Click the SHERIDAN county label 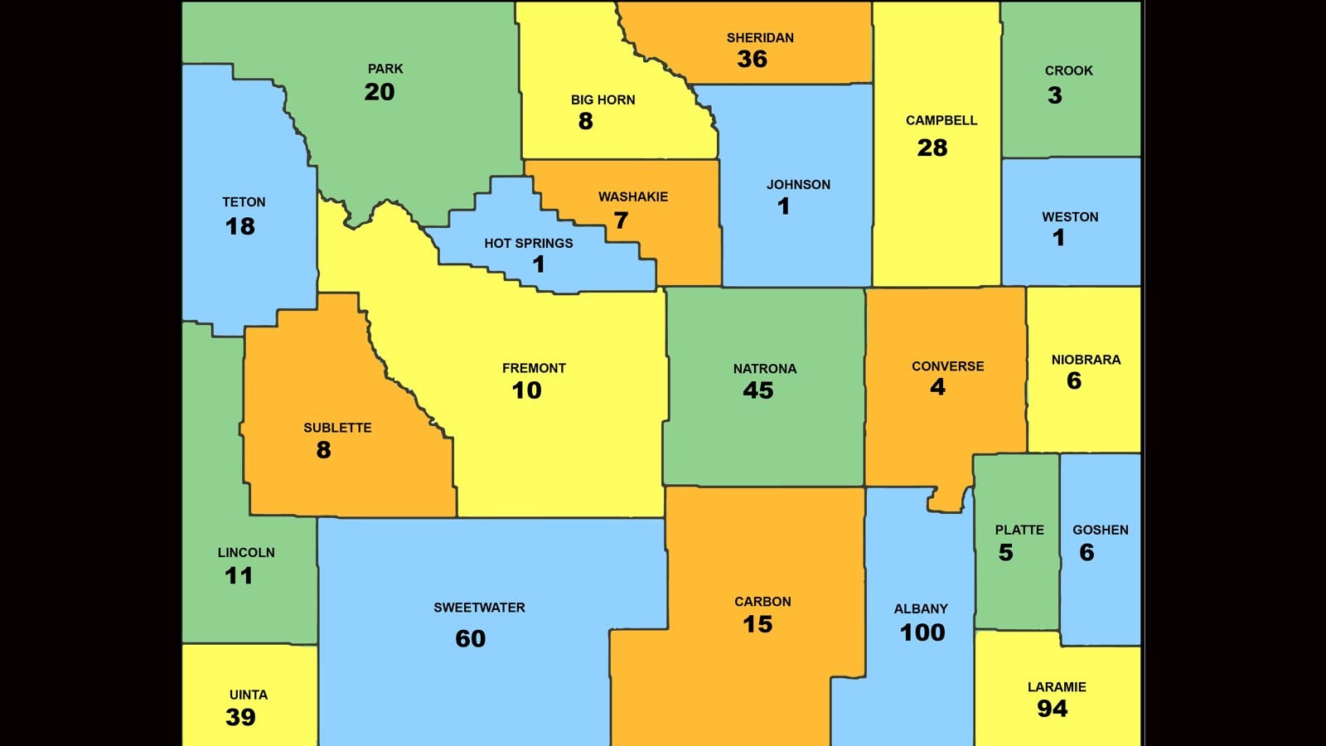click(760, 38)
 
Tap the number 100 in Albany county click(922, 632)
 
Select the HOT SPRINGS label click(529, 244)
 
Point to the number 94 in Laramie click(1053, 709)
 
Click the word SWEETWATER click(479, 608)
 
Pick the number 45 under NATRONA click(757, 390)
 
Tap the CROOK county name click(1068, 71)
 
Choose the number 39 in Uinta click(240, 718)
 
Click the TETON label click(244, 202)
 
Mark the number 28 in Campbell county click(932, 148)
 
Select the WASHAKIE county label click(633, 197)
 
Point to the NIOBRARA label click(1086, 360)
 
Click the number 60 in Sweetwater click(471, 639)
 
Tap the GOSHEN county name click(1101, 530)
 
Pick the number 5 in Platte click(1005, 553)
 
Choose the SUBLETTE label click(337, 429)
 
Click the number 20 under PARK click(380, 92)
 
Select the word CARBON click(762, 602)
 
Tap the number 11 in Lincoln click(239, 576)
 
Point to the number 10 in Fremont click(526, 390)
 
